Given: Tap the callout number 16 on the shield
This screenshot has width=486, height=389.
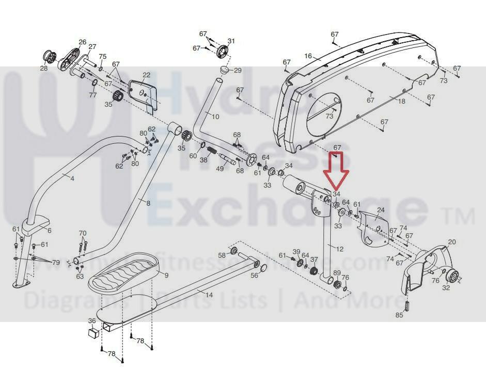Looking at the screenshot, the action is coord(308,56).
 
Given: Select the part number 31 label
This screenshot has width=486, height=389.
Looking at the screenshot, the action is coord(231,41).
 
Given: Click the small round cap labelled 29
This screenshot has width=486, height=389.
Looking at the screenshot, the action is coord(225,69).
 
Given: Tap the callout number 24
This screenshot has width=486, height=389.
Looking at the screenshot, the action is coord(381,210).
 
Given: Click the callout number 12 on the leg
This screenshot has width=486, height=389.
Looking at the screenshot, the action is coord(339,249).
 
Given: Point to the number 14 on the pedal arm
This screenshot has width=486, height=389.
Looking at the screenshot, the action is coord(209,295).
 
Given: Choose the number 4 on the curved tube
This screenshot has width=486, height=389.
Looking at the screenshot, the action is coord(72,179).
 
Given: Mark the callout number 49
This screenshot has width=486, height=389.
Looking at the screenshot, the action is coord(220,169).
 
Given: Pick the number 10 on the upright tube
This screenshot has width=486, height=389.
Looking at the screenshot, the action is coord(215,117).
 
